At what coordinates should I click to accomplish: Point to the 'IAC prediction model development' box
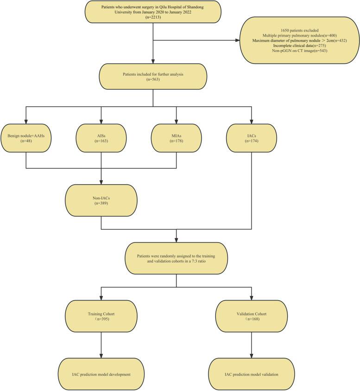click(101, 374)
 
